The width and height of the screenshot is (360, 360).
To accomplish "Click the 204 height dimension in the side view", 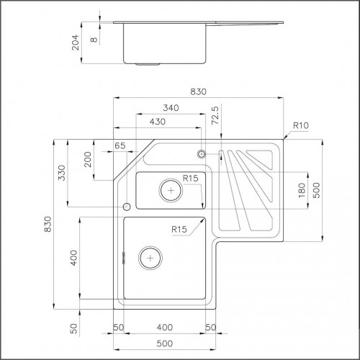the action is click(76, 42).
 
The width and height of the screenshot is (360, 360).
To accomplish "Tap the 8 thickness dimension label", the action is click(94, 40).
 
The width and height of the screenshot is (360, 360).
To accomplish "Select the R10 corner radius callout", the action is click(301, 125).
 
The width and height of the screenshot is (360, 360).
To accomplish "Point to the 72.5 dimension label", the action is click(215, 115).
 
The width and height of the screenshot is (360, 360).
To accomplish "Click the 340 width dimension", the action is click(171, 108).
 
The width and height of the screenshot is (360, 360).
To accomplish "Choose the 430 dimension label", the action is click(158, 122).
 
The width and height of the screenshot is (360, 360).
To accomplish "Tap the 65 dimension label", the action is click(120, 145).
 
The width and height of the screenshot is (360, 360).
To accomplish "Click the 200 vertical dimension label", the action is click(88, 159).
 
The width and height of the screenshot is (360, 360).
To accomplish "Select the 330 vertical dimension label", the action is click(62, 173).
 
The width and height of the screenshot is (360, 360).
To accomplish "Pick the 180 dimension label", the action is click(302, 190).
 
